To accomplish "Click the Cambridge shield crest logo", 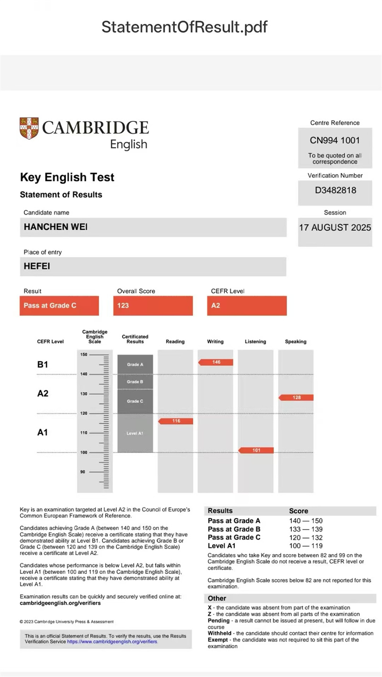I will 29,128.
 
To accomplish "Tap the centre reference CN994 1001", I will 335,140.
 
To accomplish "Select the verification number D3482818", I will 335,190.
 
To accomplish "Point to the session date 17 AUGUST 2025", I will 335,227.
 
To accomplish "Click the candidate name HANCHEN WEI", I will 55,227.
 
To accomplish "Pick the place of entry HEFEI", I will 37,267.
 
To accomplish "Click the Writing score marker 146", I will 216,362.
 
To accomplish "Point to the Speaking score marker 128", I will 296,398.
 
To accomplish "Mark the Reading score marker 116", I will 176,421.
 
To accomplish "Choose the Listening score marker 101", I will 256,450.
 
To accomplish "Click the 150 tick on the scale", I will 84,355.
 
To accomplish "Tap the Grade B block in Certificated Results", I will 135,382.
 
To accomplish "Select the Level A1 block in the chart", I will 135,433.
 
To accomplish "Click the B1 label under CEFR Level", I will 43,365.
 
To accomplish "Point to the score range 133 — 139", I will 306,529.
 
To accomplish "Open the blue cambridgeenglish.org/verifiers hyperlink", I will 112,642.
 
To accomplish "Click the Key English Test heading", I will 67,178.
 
